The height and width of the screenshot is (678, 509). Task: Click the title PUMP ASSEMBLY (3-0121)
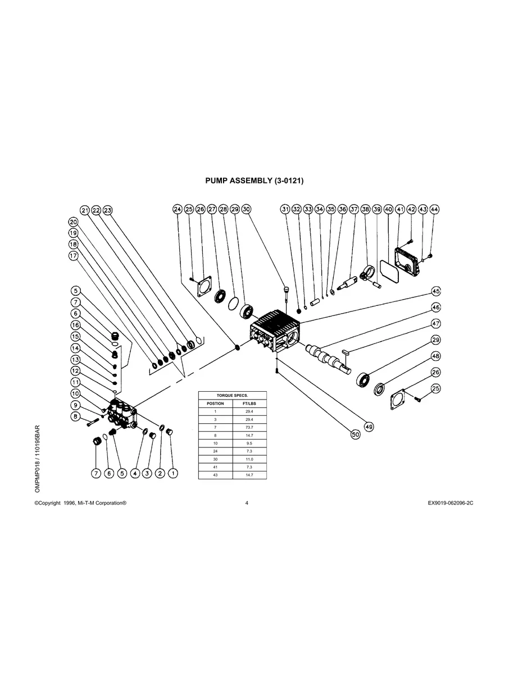click(x=254, y=181)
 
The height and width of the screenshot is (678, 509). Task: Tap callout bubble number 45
click(x=435, y=291)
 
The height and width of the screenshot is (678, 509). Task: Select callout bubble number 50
click(x=355, y=434)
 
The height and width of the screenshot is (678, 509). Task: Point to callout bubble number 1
click(x=173, y=474)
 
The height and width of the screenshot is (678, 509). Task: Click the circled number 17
click(x=73, y=255)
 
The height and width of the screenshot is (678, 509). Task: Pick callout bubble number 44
click(x=434, y=209)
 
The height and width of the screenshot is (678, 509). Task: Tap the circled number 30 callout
click(x=246, y=209)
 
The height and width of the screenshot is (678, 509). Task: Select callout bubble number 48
click(x=435, y=356)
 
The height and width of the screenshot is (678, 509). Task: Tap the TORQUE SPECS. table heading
click(x=233, y=395)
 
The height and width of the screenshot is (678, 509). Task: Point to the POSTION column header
click(x=216, y=404)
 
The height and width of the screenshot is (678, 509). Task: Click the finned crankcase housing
click(x=275, y=331)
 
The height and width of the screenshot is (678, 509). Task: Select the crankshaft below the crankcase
click(x=329, y=357)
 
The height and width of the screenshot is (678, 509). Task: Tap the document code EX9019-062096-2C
click(x=450, y=503)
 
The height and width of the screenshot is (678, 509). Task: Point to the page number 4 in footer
click(x=247, y=503)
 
